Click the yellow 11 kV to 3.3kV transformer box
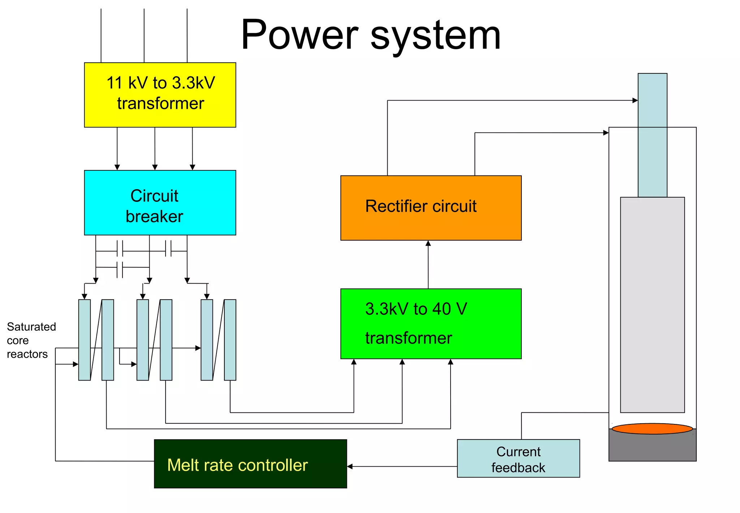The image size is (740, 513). [160, 95]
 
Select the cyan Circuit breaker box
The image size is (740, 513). [160, 203]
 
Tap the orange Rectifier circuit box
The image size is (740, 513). [431, 208]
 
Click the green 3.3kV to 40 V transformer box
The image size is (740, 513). [431, 323]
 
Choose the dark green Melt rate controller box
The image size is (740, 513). [250, 464]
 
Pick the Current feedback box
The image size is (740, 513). [518, 458]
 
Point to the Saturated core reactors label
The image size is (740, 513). [31, 340]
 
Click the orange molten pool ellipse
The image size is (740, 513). [652, 429]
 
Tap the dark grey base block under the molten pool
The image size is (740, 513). [652, 447]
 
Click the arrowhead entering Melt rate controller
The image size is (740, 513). [350, 466]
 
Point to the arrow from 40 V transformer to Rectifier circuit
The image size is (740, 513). [428, 264]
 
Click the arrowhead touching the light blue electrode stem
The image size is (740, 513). [635, 101]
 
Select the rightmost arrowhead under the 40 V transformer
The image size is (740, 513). [451, 362]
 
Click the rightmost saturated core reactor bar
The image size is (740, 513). [230, 340]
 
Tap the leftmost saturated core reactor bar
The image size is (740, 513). [85, 340]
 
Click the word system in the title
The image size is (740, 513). [435, 35]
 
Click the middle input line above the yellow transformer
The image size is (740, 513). [144, 36]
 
